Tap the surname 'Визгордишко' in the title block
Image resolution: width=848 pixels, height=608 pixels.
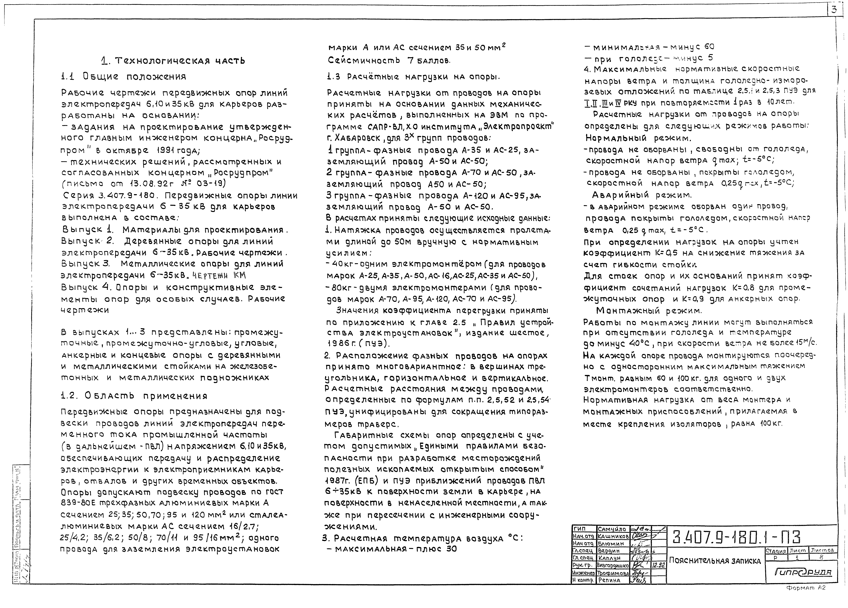(613, 566)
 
